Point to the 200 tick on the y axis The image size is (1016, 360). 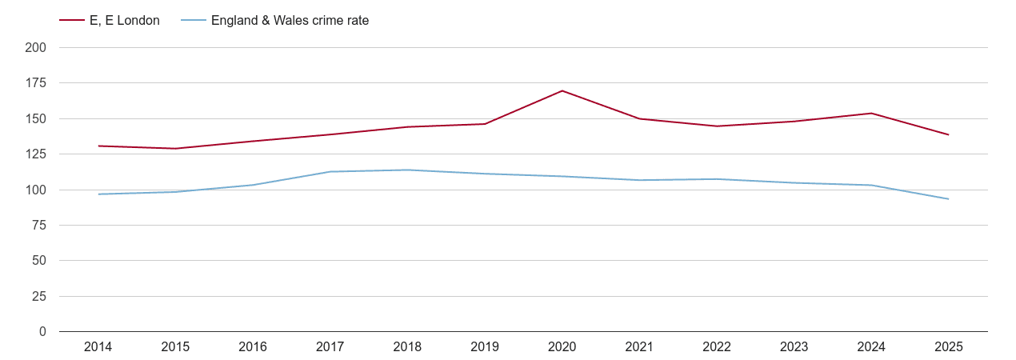tap(36, 48)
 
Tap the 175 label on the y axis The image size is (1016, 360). tap(36, 83)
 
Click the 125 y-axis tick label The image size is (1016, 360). tap(36, 154)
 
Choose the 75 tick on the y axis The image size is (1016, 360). tap(39, 226)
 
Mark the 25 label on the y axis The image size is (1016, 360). tap(39, 297)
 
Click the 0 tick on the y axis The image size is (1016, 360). tap(42, 332)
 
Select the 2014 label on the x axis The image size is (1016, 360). tap(98, 347)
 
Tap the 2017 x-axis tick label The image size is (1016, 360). tap(330, 347)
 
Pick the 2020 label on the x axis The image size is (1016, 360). tap(562, 347)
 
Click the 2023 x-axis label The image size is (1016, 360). tap(794, 347)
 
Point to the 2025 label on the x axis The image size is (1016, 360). tap(949, 347)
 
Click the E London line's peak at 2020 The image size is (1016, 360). tap(562, 90)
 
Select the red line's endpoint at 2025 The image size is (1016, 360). tap(949, 134)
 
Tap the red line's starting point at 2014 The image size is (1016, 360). tap(98, 146)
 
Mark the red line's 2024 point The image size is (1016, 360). tap(871, 113)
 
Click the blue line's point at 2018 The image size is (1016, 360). tap(407, 170)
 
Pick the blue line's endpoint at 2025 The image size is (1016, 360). tap(949, 199)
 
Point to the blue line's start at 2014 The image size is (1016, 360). tap(98, 194)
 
